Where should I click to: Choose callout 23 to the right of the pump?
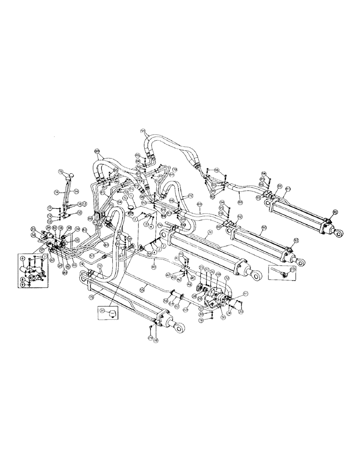coord(241,311)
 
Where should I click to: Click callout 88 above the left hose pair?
coord(97,151)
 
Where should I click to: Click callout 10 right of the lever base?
coord(80,212)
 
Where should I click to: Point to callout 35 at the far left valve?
coord(33,228)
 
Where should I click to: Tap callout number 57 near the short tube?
coord(92,256)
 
